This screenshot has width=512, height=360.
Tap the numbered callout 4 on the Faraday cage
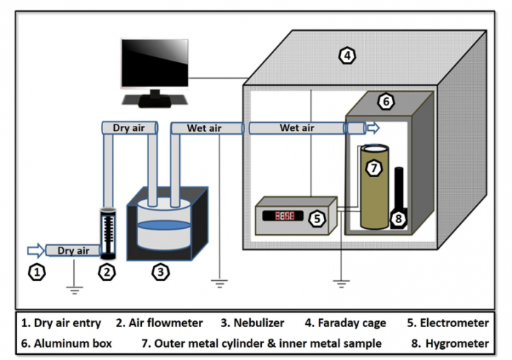click(348, 55)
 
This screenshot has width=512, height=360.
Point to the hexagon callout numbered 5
click(317, 217)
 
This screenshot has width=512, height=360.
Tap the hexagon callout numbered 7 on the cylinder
click(374, 168)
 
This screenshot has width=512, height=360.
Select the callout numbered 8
click(399, 217)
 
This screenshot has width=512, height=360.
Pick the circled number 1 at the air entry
click(37, 273)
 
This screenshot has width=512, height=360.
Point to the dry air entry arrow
click(35, 250)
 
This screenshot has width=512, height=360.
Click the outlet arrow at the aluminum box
click(373, 128)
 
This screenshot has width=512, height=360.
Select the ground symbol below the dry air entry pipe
click(73, 288)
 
